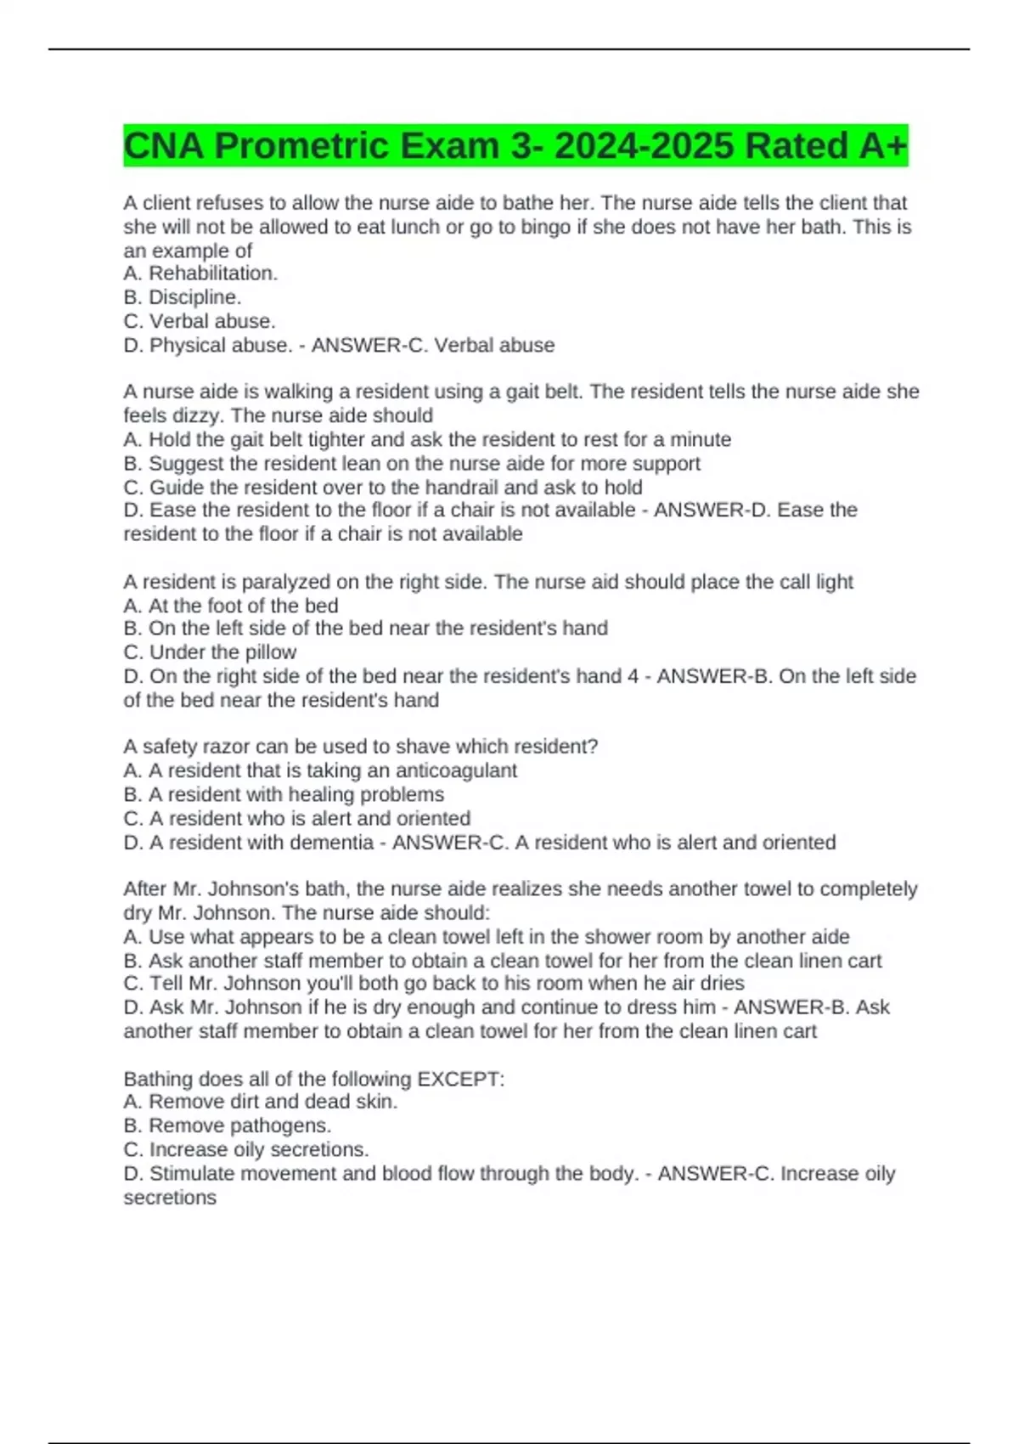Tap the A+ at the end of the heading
click(883, 146)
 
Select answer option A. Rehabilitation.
click(200, 274)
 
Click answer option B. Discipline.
click(183, 297)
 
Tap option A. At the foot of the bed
click(231, 606)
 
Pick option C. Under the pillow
click(210, 652)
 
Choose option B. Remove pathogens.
click(227, 1125)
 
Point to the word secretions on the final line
click(170, 1198)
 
